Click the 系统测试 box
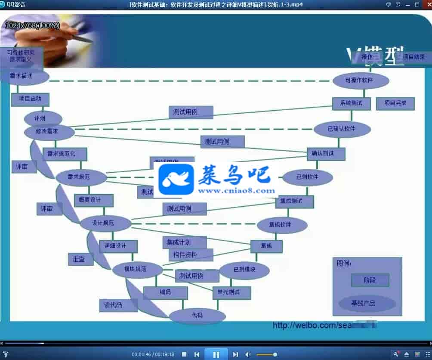[351, 103]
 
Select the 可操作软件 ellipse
[361, 81]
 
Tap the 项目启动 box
[30, 99]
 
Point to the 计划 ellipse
[43, 118]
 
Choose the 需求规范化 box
[65, 154]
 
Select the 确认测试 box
[326, 153]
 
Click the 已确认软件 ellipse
[342, 129]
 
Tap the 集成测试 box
[294, 201]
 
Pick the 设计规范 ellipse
[105, 223]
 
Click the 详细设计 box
[118, 246]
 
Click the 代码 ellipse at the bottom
[197, 316]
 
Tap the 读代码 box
[113, 305]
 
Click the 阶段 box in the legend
[370, 280]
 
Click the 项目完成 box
[395, 103]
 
